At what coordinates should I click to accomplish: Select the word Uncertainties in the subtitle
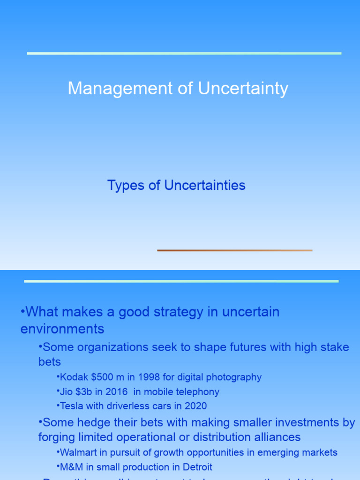point(205,186)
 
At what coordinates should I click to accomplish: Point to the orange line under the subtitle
point(234,250)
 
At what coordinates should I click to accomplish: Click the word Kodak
point(72,377)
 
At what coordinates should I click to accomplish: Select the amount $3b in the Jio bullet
point(85,392)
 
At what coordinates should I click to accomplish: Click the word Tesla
point(71,406)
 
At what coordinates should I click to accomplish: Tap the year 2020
point(196,406)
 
